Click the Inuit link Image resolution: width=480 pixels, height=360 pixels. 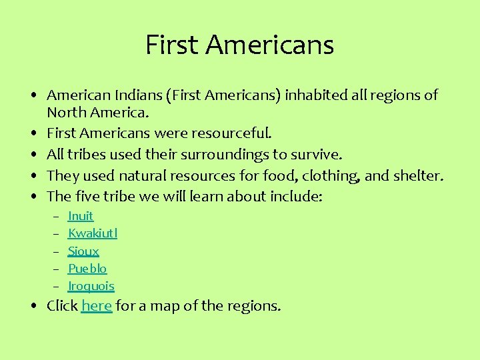click(81, 216)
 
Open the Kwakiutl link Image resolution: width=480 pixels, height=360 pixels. click(93, 233)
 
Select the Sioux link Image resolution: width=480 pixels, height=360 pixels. click(83, 251)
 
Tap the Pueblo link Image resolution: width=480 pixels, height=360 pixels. click(87, 269)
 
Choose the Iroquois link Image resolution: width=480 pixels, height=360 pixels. click(91, 286)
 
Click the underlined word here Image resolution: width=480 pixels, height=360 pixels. click(97, 306)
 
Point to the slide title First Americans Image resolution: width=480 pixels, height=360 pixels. click(239, 45)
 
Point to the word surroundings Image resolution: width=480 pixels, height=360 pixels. click(241, 155)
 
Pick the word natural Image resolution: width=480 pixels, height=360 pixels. click(143, 176)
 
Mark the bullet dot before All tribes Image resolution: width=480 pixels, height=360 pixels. click(33, 155)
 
